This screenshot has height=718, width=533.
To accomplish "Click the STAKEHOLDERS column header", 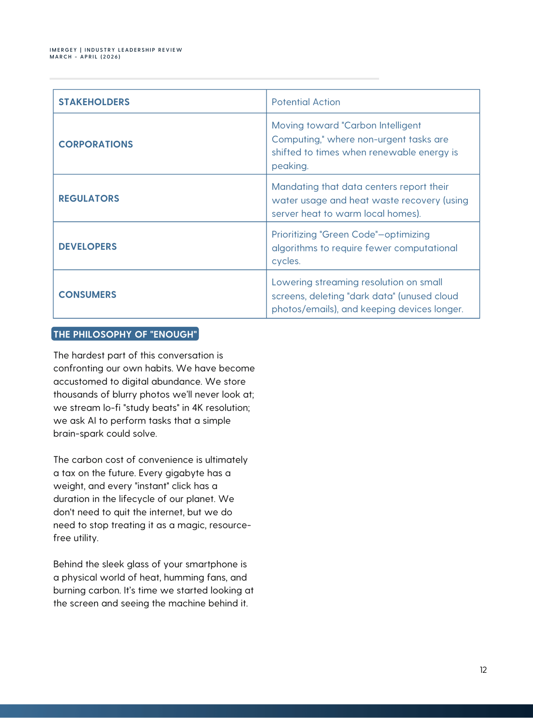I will [94, 102].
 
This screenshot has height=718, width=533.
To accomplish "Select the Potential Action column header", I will [306, 102].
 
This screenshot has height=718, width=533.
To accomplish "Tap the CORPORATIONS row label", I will [96, 144].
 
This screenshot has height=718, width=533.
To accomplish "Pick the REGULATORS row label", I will [89, 199].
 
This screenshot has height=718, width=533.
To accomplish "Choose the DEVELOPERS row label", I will [88, 247].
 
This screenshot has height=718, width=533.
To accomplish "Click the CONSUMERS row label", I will [87, 295].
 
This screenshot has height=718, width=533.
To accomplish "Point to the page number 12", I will [483, 670].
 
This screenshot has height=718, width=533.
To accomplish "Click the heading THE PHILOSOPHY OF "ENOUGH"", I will [125, 334].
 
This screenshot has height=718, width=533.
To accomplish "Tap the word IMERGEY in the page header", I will [63, 50].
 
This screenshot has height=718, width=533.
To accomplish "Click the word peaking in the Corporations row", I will [289, 166].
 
